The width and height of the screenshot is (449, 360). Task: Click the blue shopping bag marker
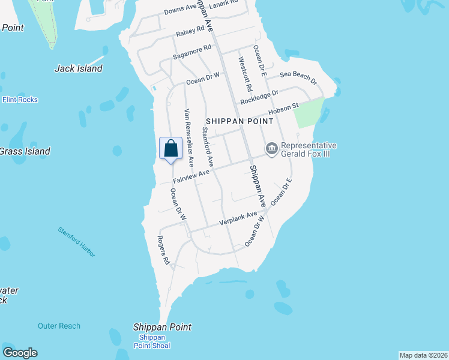point(170,148)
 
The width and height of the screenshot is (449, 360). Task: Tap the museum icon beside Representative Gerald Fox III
point(271,148)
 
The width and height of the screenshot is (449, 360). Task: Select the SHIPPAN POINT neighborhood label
point(240,121)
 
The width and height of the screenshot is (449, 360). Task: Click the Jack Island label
point(78,68)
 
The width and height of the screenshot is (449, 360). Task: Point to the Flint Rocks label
point(20,100)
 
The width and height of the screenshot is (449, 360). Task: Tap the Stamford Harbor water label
point(76,242)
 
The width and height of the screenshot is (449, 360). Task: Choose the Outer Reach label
point(59,326)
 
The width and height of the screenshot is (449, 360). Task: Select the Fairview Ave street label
point(191,176)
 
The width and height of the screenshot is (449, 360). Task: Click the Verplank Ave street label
point(238,218)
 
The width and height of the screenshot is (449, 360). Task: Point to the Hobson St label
point(287,107)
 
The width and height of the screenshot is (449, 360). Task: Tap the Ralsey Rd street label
point(190,33)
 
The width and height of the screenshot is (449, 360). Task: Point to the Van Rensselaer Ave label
point(189,137)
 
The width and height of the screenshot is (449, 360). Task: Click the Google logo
point(20,353)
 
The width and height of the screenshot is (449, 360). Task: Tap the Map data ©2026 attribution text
point(423,355)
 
